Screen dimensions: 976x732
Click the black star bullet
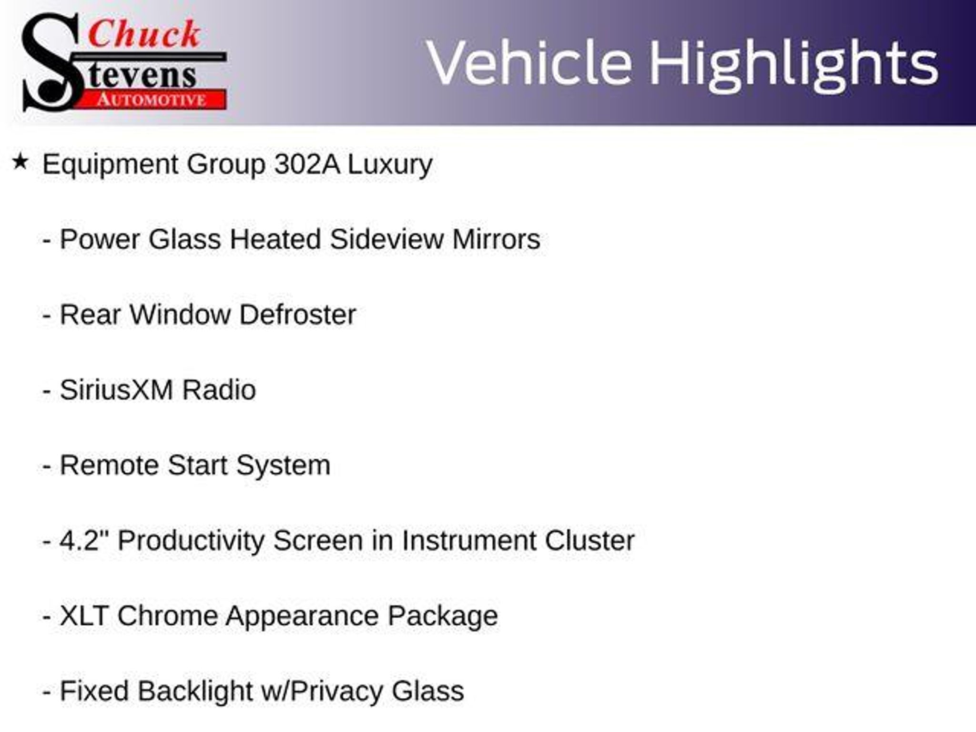pyautogui.click(x=20, y=162)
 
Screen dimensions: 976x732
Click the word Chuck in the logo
pyautogui.click(x=144, y=34)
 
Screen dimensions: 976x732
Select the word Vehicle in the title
pyautogui.click(x=529, y=63)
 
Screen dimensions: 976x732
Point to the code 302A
pyautogui.click(x=307, y=164)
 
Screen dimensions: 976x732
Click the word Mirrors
pyautogui.click(x=496, y=239)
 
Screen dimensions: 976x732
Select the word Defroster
pyautogui.click(x=297, y=315)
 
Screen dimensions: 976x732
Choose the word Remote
pyautogui.click(x=109, y=465)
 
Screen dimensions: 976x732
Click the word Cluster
pyautogui.click(x=590, y=540)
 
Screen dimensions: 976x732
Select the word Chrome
pyautogui.click(x=167, y=616)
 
